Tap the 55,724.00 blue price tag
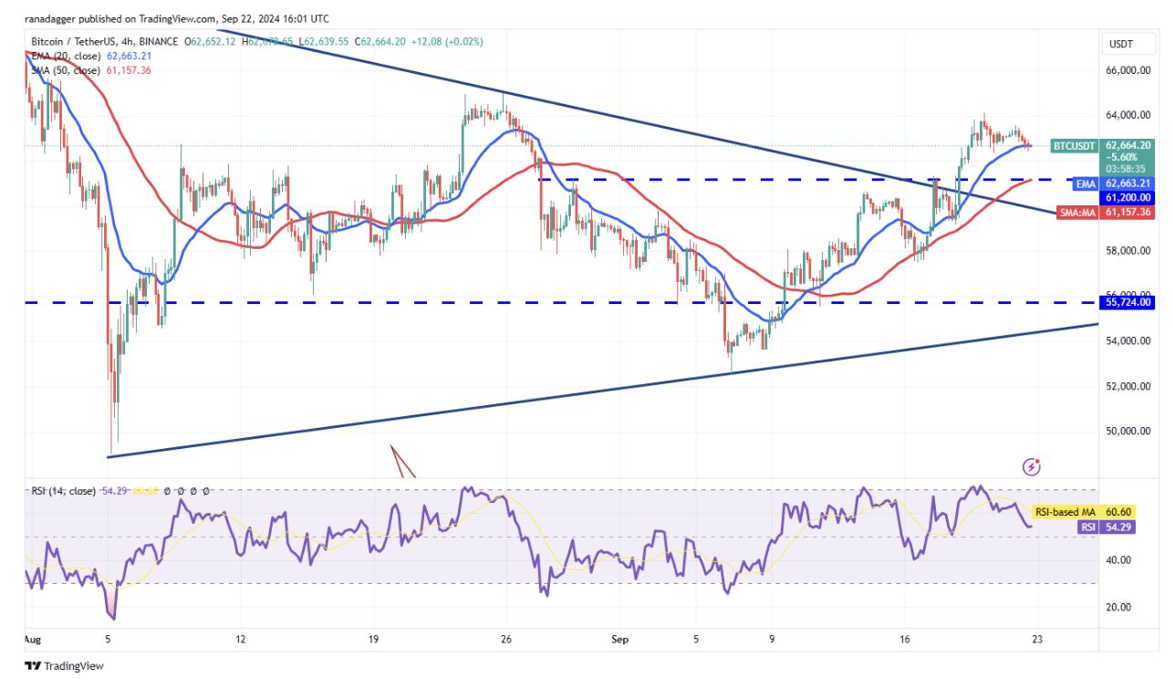tap(1129, 302)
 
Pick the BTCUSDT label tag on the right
tap(1075, 145)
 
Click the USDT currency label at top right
tap(1119, 44)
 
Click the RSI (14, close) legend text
tap(63, 491)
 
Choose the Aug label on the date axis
tap(32, 641)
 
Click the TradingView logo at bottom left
tap(64, 666)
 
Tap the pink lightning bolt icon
tap(1032, 467)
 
